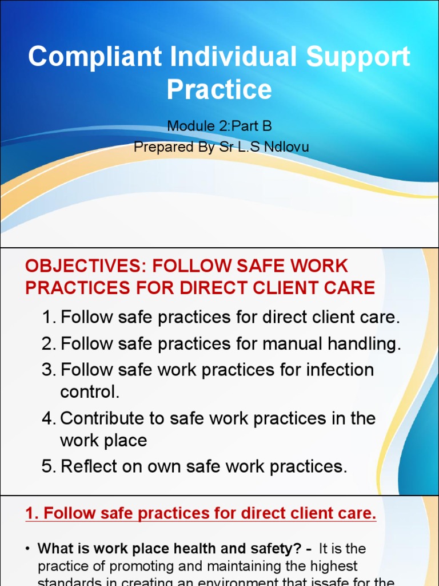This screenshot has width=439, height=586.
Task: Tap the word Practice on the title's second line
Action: pos(219,89)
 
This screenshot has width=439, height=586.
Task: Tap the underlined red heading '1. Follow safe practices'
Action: pos(201,514)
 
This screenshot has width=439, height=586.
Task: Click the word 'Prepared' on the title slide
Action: pos(158,147)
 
